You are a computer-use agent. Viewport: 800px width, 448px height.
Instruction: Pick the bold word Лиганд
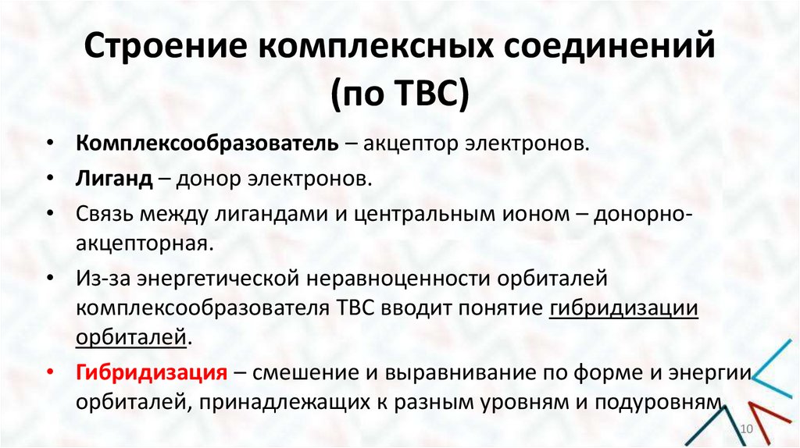(x=114, y=180)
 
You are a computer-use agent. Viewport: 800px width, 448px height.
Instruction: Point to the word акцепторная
(x=143, y=244)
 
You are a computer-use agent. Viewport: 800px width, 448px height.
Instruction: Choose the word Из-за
(x=102, y=279)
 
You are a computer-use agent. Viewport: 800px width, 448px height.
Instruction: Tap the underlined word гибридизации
(x=623, y=308)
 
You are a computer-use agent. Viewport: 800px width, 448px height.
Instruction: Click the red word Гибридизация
(x=152, y=372)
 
